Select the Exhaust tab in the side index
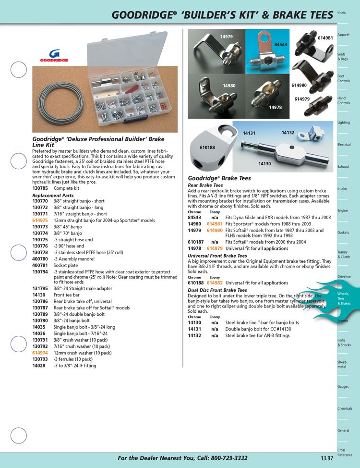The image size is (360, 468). (x=343, y=167)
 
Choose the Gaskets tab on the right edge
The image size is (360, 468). (x=343, y=233)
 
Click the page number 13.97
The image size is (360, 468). (x=327, y=458)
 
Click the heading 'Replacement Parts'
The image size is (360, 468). (x=53, y=196)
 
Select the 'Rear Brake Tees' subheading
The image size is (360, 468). (x=205, y=185)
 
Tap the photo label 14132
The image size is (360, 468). (x=288, y=132)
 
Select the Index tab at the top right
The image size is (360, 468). (x=342, y=12)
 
